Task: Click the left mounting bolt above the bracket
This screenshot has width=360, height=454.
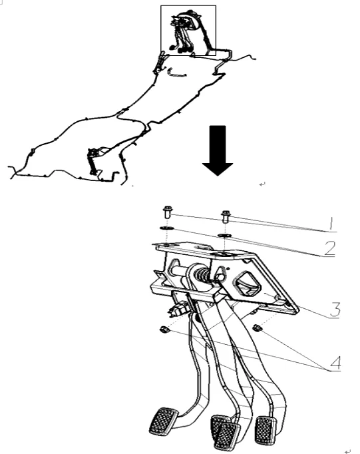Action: (167, 214)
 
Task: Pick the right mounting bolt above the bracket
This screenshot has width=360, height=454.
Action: (226, 216)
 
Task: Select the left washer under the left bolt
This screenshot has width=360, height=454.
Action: (166, 229)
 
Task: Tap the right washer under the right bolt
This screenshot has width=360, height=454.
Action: (225, 236)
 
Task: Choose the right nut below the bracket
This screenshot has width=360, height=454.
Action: (258, 326)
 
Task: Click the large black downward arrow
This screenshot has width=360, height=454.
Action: (218, 152)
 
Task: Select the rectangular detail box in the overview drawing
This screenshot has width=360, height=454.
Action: (188, 30)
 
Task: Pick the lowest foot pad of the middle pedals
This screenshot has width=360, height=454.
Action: (226, 436)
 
